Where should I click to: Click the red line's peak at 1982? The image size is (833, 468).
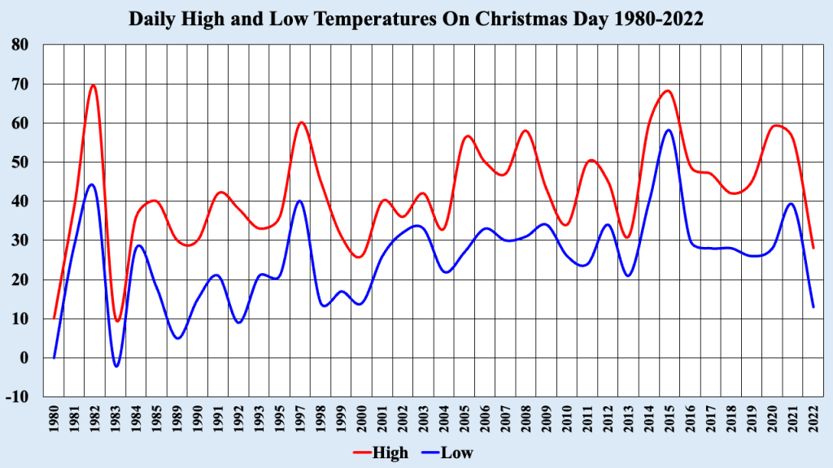pyautogui.click(x=94, y=85)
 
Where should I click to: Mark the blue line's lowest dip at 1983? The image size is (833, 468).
pyautogui.click(x=116, y=366)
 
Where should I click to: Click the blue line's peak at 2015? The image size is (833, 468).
pyautogui.click(x=668, y=130)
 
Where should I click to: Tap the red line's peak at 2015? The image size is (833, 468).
pyautogui.click(x=668, y=91)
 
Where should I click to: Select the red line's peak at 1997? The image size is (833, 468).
pyautogui.click(x=301, y=123)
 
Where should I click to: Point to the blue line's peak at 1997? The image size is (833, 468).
pyautogui.click(x=300, y=201)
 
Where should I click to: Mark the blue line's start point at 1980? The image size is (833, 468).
pyautogui.click(x=55, y=357)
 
